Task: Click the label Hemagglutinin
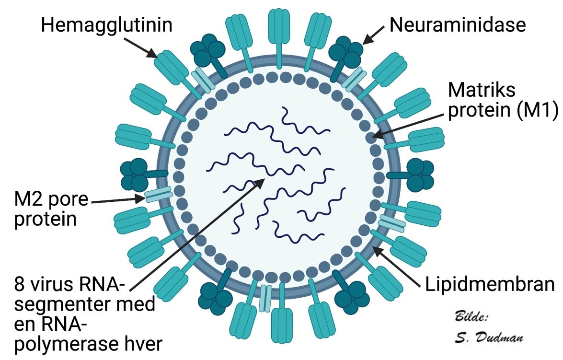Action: pyautogui.click(x=106, y=25)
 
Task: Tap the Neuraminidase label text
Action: pyautogui.click(x=458, y=25)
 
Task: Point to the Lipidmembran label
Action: pyautogui.click(x=490, y=285)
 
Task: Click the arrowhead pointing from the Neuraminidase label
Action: pyautogui.click(x=367, y=40)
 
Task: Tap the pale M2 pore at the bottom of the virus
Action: pyautogui.click(x=265, y=296)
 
